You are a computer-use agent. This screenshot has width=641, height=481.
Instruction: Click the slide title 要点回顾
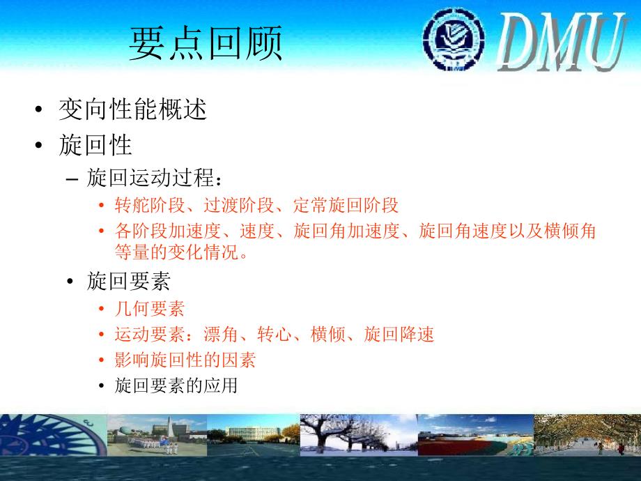[206, 43]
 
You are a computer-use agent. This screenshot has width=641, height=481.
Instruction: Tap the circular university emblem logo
[454, 39]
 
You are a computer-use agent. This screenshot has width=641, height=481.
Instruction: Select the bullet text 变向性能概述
[133, 109]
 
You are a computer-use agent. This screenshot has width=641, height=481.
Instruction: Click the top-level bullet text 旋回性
[95, 145]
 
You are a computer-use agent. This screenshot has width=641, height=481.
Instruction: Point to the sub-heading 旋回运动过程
[150, 178]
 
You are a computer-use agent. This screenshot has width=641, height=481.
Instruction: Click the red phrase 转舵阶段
[150, 206]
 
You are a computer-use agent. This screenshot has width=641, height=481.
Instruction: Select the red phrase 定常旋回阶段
[346, 206]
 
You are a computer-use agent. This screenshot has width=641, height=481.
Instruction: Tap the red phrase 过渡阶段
[239, 206]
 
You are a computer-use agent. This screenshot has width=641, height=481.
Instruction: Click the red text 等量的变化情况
[177, 252]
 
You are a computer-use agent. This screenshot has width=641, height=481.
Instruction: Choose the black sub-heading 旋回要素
[128, 281]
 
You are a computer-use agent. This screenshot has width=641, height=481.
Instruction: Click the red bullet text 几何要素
[150, 308]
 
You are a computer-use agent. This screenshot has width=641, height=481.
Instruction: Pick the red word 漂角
[221, 334]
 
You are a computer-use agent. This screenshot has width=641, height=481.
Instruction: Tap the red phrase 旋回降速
[399, 334]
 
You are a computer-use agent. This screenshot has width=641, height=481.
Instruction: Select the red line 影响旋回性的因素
[185, 360]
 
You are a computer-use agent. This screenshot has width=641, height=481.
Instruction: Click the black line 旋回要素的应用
[176, 385]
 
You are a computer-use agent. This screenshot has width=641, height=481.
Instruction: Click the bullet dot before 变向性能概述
[39, 109]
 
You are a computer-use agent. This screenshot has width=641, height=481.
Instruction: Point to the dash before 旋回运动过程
[72, 179]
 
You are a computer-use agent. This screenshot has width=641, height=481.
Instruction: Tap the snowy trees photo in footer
[359, 435]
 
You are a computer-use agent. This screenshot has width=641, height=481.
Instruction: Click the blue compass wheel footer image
[53, 435]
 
